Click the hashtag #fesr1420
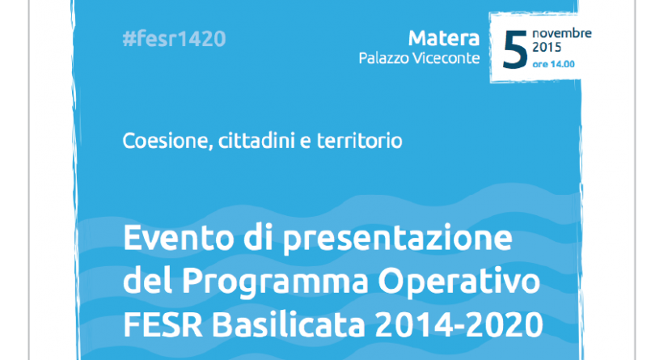174,39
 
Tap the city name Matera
443,38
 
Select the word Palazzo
383,58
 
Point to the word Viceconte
446,58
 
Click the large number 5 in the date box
515,49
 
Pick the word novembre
562,33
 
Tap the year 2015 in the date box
547,48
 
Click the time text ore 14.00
553,64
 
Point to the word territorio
359,141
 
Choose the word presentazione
397,239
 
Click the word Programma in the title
275,282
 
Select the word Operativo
459,282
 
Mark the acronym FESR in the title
163,324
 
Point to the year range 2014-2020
459,324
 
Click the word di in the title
258,237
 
